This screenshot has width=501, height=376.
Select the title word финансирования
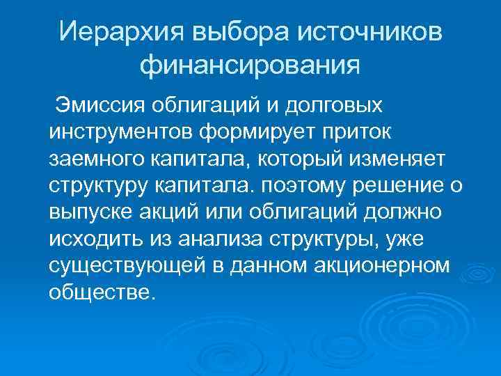click(250, 65)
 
